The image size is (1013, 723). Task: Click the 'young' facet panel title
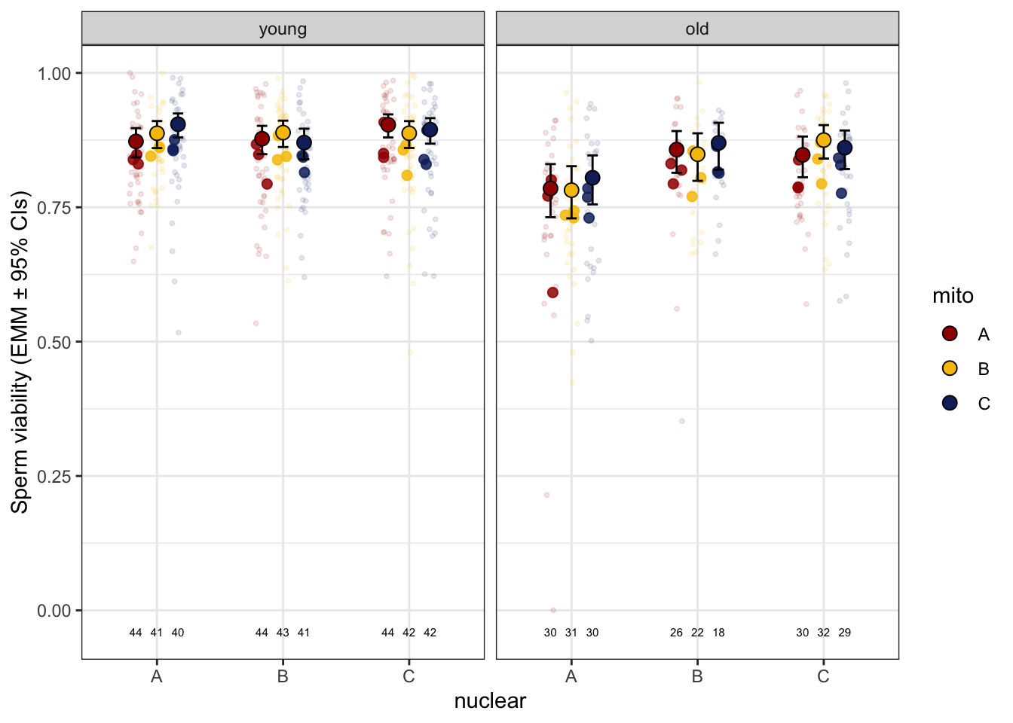[283, 29]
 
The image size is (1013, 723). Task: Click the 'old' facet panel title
[697, 29]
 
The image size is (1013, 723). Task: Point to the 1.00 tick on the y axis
[54, 73]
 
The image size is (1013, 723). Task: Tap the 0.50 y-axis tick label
[54, 342]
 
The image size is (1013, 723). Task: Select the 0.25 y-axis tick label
[54, 476]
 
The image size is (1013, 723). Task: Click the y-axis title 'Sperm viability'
[20, 352]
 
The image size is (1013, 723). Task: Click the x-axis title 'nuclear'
[490, 701]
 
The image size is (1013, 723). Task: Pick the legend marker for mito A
[950, 334]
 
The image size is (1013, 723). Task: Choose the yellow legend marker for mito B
[950, 368]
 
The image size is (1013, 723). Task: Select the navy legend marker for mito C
[950, 403]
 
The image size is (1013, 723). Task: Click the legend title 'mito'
[953, 296]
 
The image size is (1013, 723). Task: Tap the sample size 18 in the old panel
[718, 633]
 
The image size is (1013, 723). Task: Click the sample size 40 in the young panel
[178, 633]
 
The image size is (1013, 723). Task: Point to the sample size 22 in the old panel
[697, 633]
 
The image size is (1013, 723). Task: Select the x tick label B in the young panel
[283, 676]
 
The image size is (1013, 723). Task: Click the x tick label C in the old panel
[823, 676]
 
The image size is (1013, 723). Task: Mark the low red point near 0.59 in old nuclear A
[552, 292]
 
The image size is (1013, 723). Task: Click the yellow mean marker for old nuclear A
[571, 191]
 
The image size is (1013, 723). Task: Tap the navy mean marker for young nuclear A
[178, 124]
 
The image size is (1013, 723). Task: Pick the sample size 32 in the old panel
[823, 633]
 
